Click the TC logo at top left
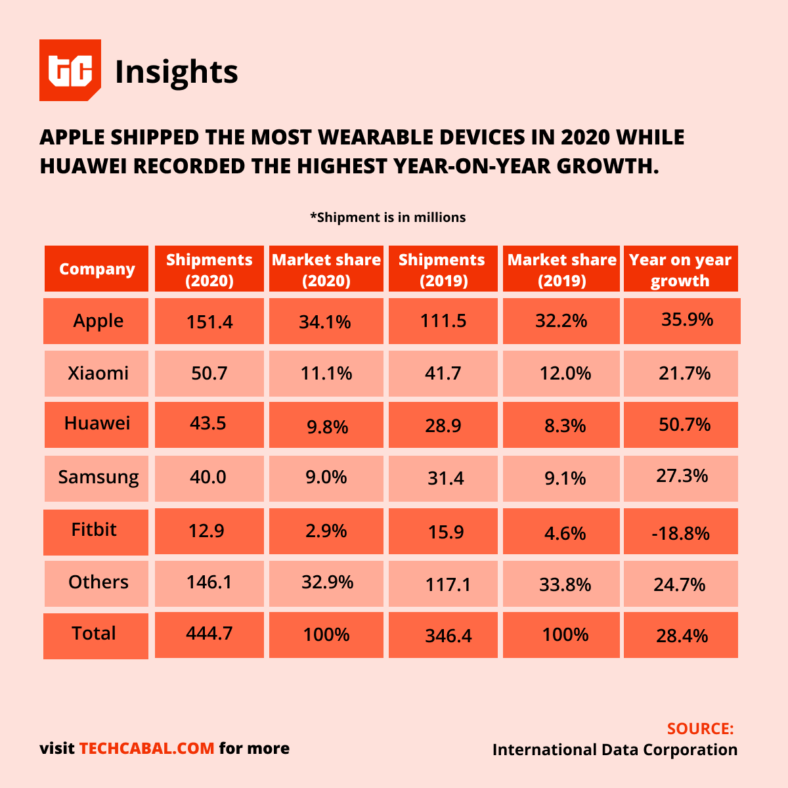pyautogui.click(x=70, y=70)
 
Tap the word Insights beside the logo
pyautogui.click(x=176, y=72)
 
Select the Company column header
pyautogui.click(x=97, y=269)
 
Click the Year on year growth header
pyautogui.click(x=680, y=269)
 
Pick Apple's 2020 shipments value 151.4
pyautogui.click(x=209, y=321)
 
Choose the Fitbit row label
pyautogui.click(x=94, y=530)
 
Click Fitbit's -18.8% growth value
pyautogui.click(x=680, y=533)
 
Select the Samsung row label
pyautogui.click(x=98, y=477)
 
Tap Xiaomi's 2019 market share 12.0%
pyautogui.click(x=565, y=374)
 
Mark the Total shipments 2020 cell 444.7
pyautogui.click(x=209, y=634)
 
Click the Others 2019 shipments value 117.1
pyautogui.click(x=447, y=584)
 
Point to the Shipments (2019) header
pyautogui.click(x=442, y=269)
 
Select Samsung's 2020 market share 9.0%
pyautogui.click(x=326, y=477)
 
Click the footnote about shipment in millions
pyautogui.click(x=387, y=217)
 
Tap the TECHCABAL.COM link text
pyautogui.click(x=146, y=749)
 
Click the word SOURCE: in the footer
pyautogui.click(x=700, y=729)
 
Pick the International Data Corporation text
pyautogui.click(x=615, y=750)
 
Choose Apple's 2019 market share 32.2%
pyautogui.click(x=561, y=321)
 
